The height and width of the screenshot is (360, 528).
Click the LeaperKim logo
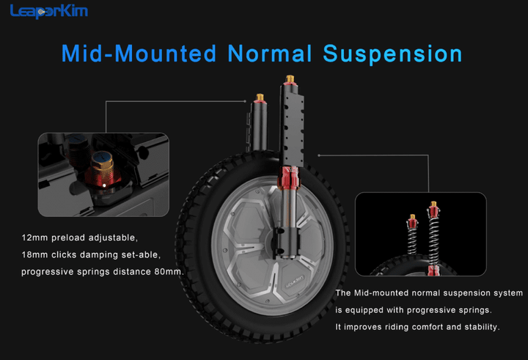point(49,11)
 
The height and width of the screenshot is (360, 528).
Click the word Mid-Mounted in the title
point(139,54)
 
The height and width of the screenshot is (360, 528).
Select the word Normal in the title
point(270,54)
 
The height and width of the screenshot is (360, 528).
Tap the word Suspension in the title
point(392,54)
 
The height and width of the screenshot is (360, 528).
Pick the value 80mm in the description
point(168,272)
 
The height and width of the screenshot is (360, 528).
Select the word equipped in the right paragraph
point(364,310)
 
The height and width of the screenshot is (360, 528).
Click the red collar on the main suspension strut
point(288,177)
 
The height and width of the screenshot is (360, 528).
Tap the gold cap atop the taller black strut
point(290,80)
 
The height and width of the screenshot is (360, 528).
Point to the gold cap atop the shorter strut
point(260,98)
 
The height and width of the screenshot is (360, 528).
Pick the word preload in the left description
point(68,238)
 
